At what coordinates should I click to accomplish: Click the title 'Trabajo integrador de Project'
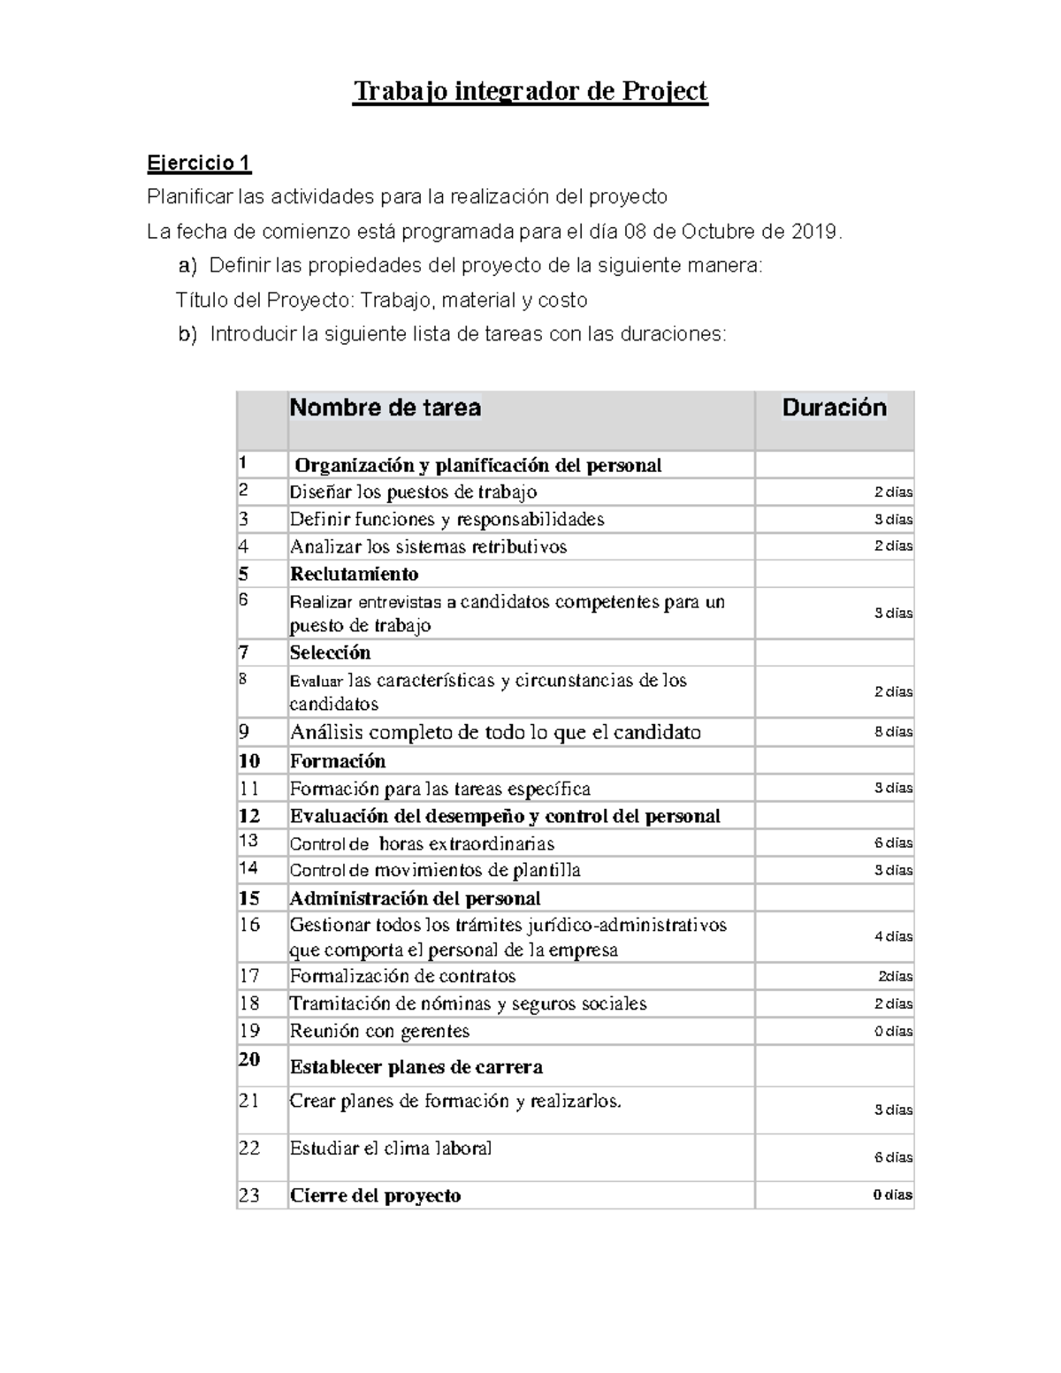click(x=530, y=91)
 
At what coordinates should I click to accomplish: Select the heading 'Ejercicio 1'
click(x=199, y=163)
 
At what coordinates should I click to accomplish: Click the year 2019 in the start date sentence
click(x=813, y=232)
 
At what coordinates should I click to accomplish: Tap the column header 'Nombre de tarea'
click(x=385, y=408)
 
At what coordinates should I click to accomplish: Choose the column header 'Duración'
click(x=834, y=408)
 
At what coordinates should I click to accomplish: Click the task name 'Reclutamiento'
click(x=354, y=574)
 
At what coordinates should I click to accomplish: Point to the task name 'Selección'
click(x=330, y=652)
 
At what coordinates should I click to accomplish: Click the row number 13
click(x=248, y=842)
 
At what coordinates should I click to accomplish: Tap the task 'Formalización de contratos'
click(x=402, y=976)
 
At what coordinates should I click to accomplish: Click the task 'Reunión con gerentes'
click(x=379, y=1031)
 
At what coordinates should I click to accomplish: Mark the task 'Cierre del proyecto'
click(x=375, y=1195)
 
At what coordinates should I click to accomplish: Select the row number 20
click(x=249, y=1059)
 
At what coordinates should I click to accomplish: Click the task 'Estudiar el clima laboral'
click(x=390, y=1148)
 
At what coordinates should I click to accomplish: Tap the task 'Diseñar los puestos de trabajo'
click(x=413, y=492)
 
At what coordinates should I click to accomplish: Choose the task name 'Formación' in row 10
click(x=338, y=760)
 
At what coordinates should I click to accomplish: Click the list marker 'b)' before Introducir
click(x=187, y=334)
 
